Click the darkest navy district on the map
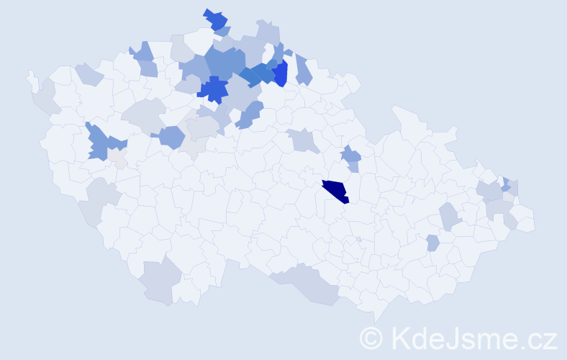(335, 192)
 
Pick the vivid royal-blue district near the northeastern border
(280, 73)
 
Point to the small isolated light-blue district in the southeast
(432, 243)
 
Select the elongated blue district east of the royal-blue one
(303, 70)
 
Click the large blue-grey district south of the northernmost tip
(223, 62)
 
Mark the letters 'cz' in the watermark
(540, 338)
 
